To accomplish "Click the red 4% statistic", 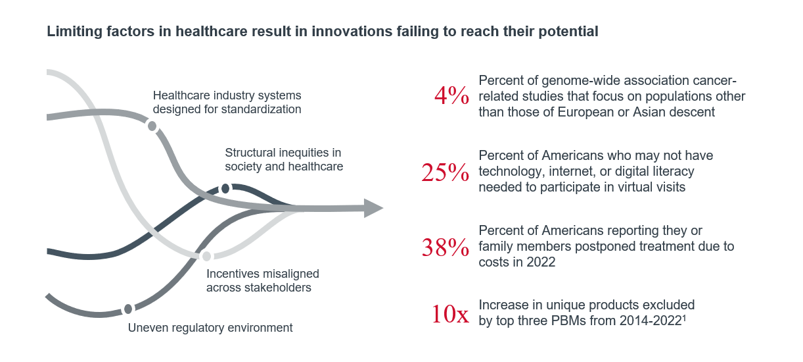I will [x=451, y=97].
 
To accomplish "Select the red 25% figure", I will [x=445, y=172].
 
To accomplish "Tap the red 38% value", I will [x=445, y=247].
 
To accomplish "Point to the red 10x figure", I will [x=450, y=314].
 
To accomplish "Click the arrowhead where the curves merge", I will [x=373, y=208].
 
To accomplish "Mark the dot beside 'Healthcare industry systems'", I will [x=152, y=126].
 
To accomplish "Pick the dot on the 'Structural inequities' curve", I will [x=225, y=189].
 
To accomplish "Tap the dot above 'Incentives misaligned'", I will [x=206, y=256].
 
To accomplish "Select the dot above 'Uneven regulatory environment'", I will [x=128, y=309].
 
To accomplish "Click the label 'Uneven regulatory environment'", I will [x=210, y=327].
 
